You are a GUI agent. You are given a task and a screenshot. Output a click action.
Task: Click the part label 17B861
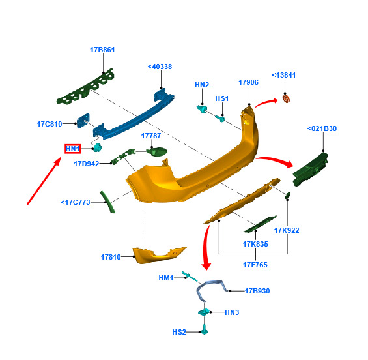102,50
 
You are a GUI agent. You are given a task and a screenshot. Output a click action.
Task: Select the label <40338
160,67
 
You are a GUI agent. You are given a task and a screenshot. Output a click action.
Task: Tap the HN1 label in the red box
73,149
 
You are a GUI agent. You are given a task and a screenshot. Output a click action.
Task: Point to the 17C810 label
50,124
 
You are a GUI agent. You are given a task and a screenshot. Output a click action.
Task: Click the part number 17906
248,82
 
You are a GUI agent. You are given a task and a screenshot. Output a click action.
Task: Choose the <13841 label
283,75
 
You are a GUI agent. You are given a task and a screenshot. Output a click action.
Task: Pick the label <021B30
322,128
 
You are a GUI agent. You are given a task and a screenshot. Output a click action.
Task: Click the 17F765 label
255,265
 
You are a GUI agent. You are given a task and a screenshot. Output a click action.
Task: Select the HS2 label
179,332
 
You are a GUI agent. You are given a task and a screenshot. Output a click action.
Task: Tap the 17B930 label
257,291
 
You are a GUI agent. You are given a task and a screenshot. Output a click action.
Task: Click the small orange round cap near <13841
286,98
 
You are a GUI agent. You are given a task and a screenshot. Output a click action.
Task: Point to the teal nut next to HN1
97,147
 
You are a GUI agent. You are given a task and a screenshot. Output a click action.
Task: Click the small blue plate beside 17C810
83,120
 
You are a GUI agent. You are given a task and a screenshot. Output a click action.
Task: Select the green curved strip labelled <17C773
107,202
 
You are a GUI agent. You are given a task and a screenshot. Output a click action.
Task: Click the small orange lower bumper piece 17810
156,255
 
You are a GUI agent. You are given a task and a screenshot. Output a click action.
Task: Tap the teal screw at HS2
205,329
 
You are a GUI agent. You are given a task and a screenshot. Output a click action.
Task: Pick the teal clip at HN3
204,312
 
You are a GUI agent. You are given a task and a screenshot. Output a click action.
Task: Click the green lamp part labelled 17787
157,151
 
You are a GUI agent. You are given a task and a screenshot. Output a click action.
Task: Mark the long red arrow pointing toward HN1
44,181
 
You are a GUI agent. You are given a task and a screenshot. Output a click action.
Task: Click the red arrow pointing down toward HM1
206,247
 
